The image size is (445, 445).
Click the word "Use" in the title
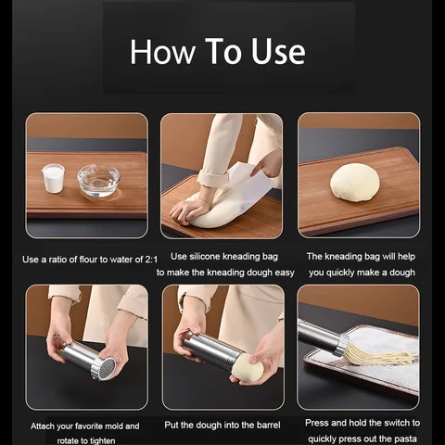(x=278, y=51)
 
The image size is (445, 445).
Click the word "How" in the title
(x=163, y=51)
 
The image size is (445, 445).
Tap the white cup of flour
(x=53, y=178)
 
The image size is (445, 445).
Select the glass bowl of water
(x=98, y=181)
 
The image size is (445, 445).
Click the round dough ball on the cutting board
(x=355, y=183)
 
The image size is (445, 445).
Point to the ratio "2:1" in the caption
(x=151, y=260)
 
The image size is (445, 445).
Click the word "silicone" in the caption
(x=205, y=257)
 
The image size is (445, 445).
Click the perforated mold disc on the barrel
(x=107, y=368)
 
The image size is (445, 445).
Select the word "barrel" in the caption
(x=268, y=425)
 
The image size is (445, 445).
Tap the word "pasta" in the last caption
(x=405, y=439)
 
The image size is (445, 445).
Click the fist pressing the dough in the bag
(x=185, y=211)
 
